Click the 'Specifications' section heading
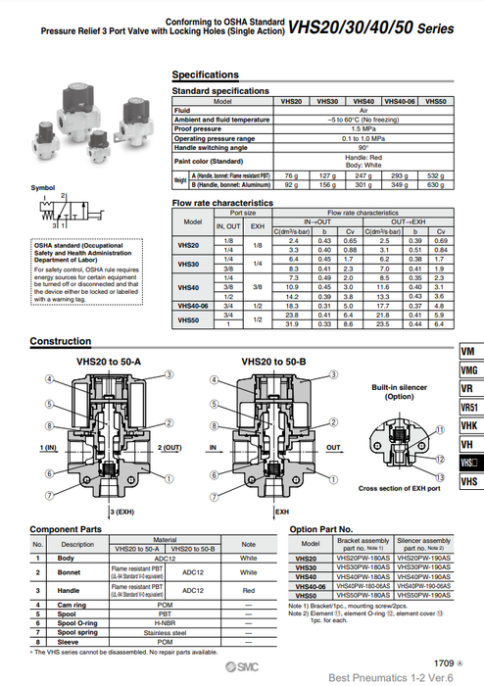click(x=205, y=74)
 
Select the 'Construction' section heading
click(x=61, y=342)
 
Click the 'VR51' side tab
click(x=469, y=409)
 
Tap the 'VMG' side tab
click(x=469, y=370)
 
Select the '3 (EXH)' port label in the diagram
click(x=122, y=512)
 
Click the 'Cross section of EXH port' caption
click(x=400, y=488)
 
